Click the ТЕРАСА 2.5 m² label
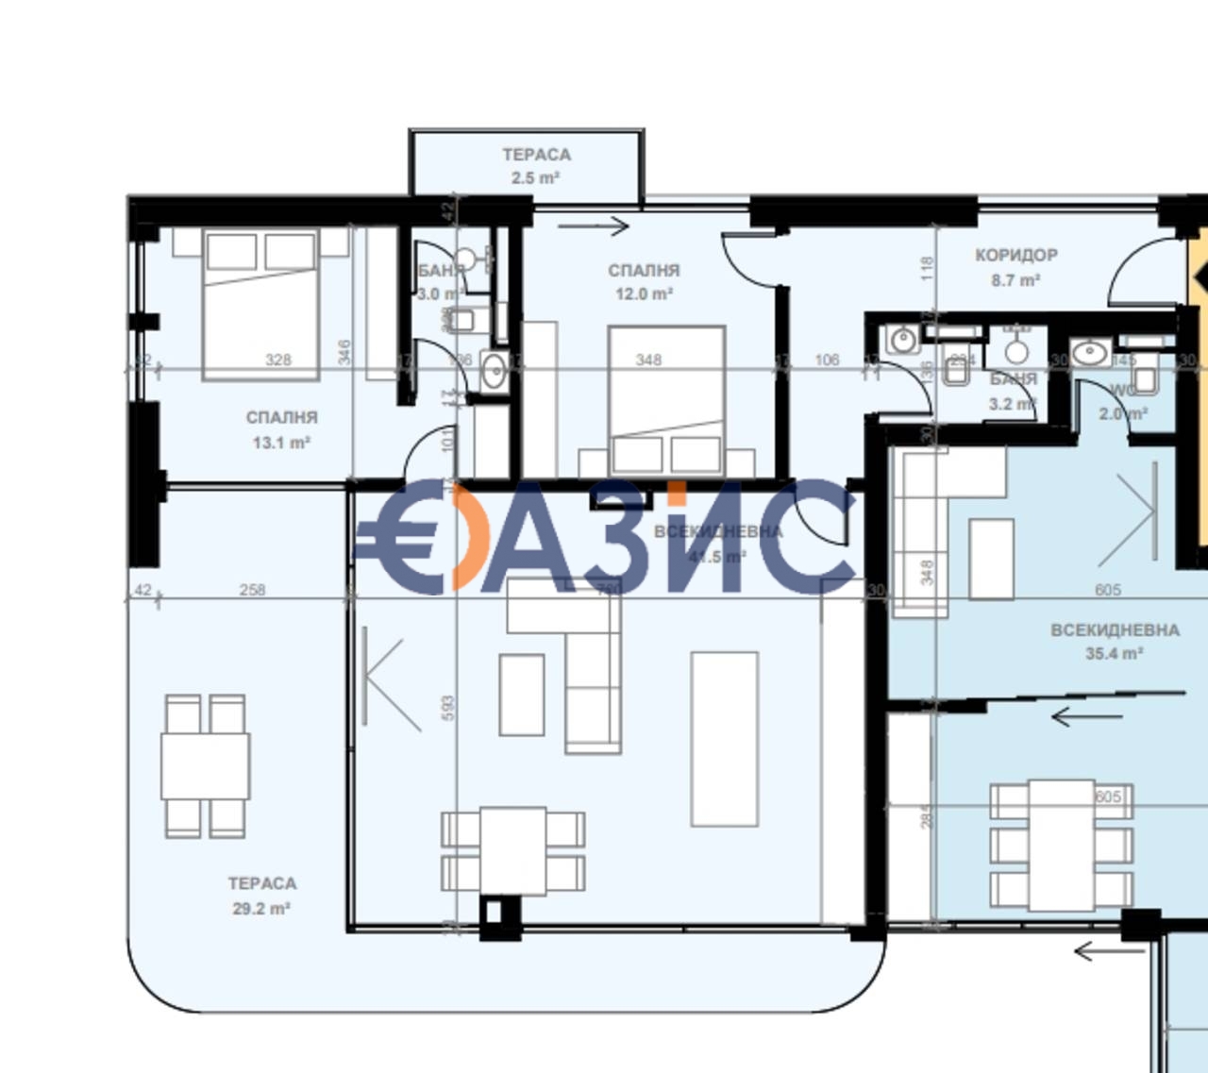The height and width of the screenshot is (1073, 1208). point(535,164)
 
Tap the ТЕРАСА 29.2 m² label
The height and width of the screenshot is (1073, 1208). point(261,896)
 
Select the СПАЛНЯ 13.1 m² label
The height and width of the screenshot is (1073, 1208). point(281,429)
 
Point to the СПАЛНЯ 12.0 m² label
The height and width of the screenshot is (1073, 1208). point(644,281)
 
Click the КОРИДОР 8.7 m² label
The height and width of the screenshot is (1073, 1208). point(1015,267)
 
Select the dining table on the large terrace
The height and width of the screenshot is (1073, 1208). point(205,766)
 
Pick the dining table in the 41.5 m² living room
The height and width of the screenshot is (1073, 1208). point(512,849)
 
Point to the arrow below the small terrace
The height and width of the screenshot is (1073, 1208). point(593,226)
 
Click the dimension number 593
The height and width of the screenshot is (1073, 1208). point(448,708)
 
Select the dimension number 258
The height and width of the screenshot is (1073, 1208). point(252,590)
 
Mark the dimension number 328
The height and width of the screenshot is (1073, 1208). point(278,360)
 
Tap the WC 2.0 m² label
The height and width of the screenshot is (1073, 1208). point(1123,403)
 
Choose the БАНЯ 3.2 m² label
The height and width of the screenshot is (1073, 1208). point(1014,392)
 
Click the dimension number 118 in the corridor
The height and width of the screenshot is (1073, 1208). point(927,269)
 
